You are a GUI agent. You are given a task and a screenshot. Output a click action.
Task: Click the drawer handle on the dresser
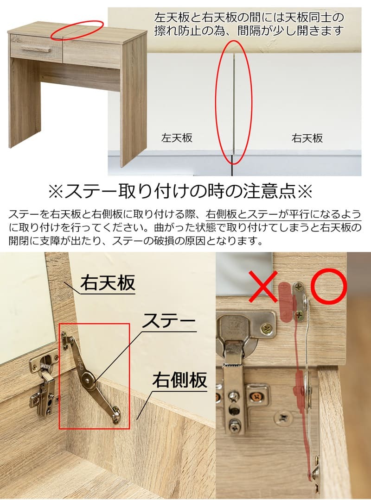click(x=35, y=49)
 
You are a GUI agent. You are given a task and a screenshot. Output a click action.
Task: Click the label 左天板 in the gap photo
click(x=177, y=138)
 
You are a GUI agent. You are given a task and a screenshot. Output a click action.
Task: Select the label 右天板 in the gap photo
click(x=307, y=138)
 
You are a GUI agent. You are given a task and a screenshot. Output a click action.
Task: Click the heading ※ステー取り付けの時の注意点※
click(x=179, y=191)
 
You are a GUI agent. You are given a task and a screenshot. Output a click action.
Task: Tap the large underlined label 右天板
click(x=108, y=283)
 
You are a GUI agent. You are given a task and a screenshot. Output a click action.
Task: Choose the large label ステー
click(x=168, y=321)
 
